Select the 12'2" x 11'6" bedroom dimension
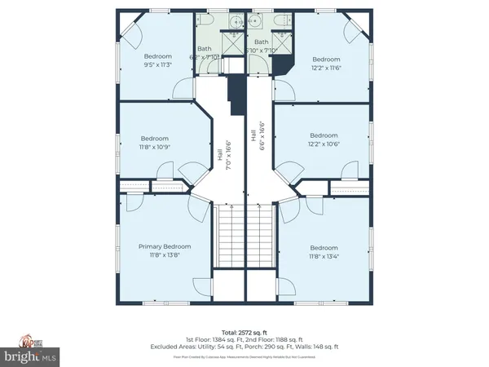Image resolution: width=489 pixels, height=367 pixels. (x=326, y=69)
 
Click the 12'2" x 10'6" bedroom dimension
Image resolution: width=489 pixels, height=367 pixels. (x=324, y=145)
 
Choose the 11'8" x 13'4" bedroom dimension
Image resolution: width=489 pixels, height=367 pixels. (x=324, y=257)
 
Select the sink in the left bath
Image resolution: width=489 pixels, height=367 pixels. (x=232, y=22)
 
